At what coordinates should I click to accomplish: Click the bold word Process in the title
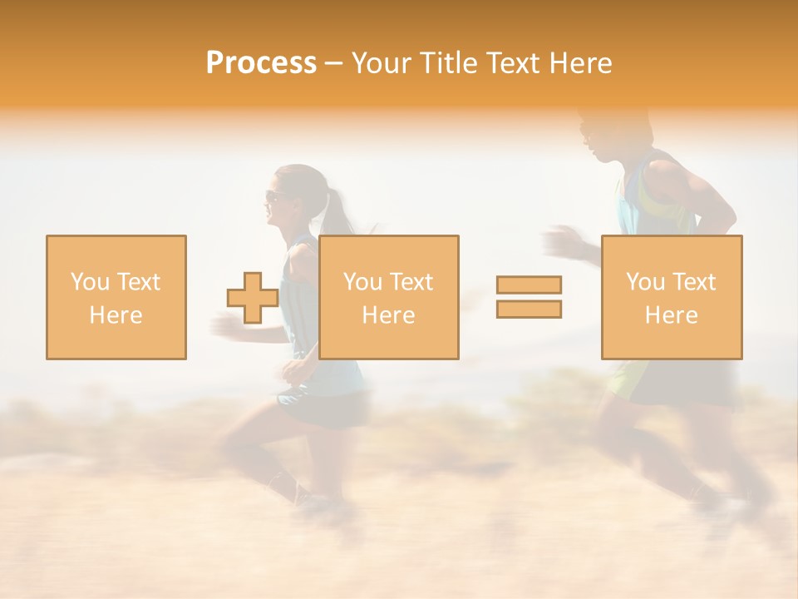[x=261, y=63]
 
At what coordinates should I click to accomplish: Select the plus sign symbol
[x=253, y=298]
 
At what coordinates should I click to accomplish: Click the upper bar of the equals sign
[x=529, y=285]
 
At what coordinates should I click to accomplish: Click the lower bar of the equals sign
[x=529, y=309]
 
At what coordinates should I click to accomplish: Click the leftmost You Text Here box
[x=116, y=297]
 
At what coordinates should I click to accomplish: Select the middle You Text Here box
[x=389, y=297]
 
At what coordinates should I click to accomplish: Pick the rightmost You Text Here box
[x=672, y=297]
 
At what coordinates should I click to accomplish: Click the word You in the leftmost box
[x=89, y=282]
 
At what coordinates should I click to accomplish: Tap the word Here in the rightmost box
[x=672, y=314]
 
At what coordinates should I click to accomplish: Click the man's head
[x=603, y=133]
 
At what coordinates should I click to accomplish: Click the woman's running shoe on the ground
[x=320, y=503]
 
